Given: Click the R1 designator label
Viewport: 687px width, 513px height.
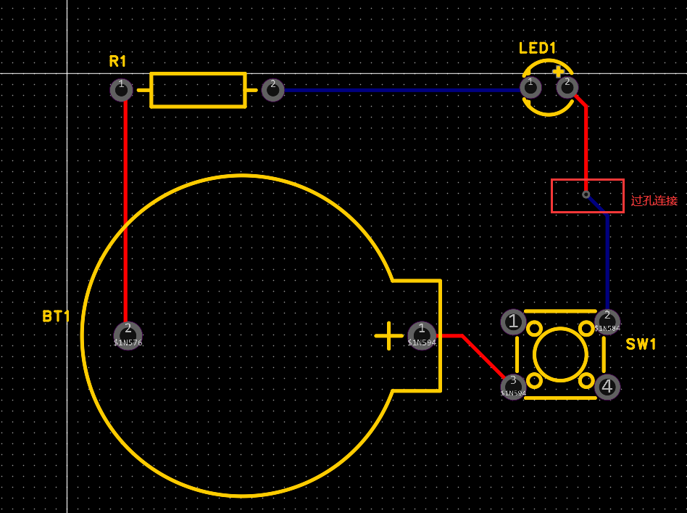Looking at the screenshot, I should click(118, 61).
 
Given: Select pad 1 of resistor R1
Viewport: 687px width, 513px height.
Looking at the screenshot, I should click(121, 89).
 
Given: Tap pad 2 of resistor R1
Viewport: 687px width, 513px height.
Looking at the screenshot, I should click(272, 89).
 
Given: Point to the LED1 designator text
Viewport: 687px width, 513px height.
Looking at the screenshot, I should click(537, 49).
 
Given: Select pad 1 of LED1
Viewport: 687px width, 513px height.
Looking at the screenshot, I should click(531, 86).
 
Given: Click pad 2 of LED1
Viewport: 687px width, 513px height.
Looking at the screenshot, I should click(567, 86).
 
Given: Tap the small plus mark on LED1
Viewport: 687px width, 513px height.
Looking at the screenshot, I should click(558, 72).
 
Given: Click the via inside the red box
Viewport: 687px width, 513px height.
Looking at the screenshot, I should click(586, 194).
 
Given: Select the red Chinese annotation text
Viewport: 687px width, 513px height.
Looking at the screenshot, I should click(654, 200).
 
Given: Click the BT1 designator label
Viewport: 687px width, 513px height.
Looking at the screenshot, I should click(56, 316).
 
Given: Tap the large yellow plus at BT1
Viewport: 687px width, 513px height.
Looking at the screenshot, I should click(389, 335).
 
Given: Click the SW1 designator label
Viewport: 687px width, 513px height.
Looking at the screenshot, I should click(641, 344).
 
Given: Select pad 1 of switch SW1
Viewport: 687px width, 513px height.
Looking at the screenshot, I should click(513, 321).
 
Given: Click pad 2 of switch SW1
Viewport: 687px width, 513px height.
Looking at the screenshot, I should click(607, 321).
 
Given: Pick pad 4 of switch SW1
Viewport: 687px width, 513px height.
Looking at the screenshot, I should click(607, 387).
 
